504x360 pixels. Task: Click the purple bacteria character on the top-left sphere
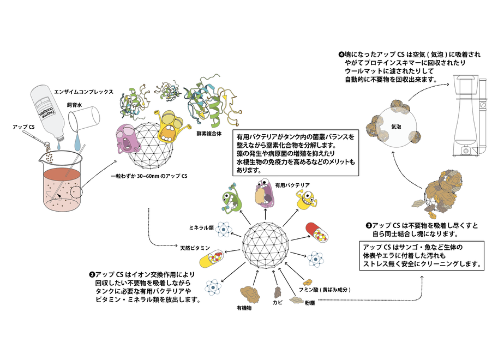tap(130, 142)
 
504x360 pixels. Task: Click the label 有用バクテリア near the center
tap(287, 185)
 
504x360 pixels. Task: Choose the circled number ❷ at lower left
tap(91, 275)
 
